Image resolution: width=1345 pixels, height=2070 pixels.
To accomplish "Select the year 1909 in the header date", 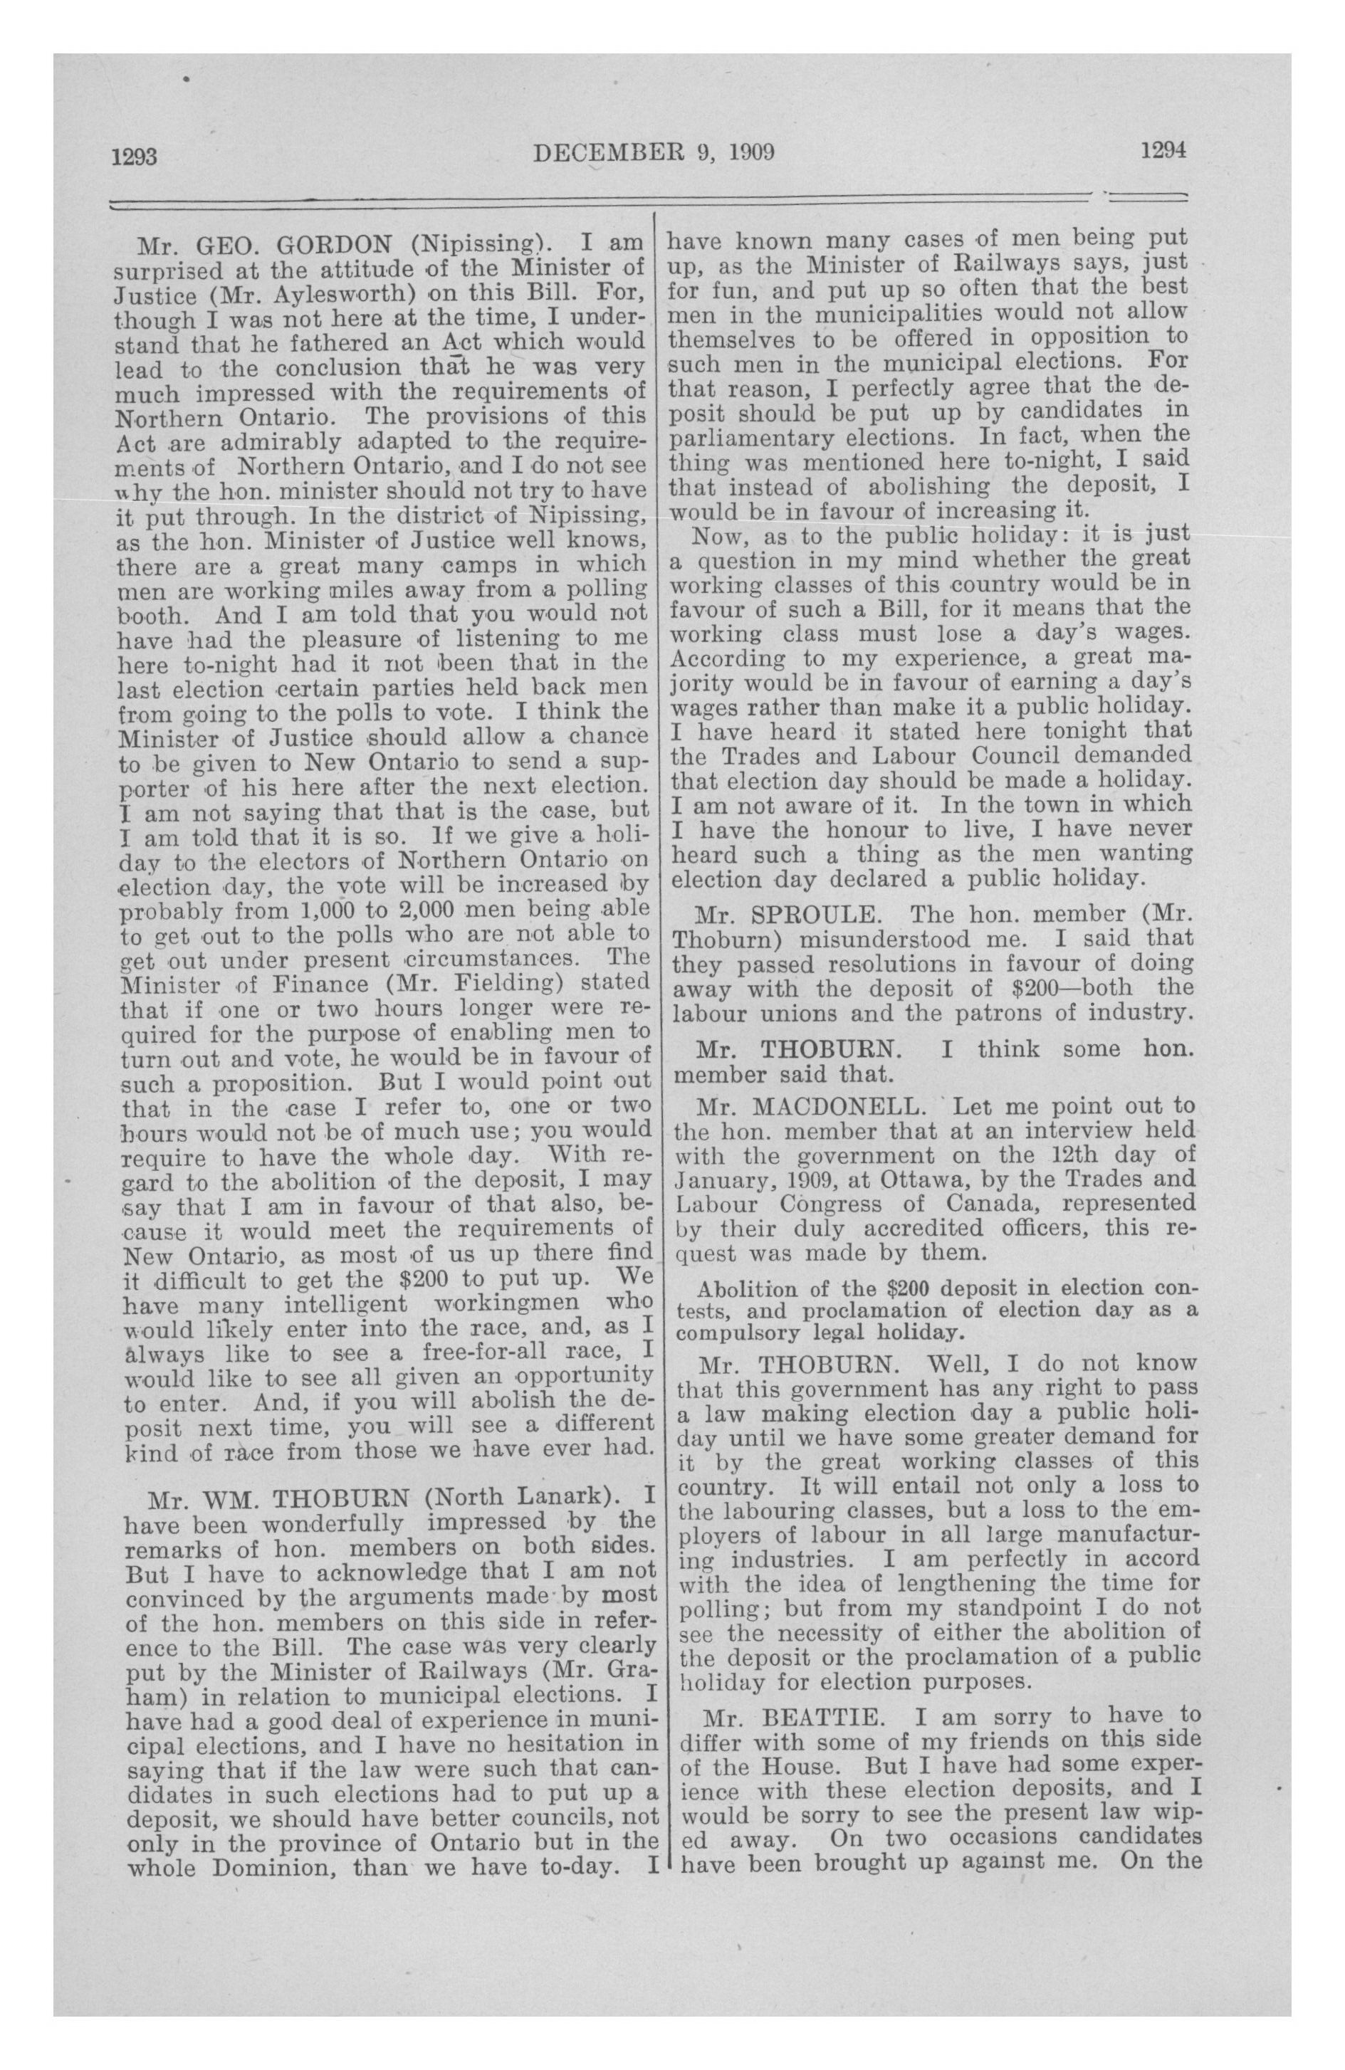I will click(749, 153).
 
